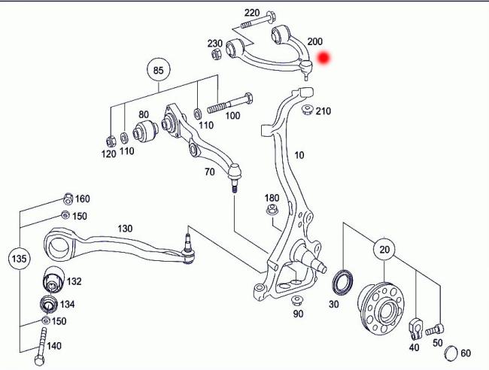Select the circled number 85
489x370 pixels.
tap(157, 71)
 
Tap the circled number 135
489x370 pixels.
tap(20, 260)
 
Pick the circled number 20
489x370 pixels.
tap(385, 250)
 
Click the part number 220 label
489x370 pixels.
tap(251, 14)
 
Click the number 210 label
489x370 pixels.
tap(323, 112)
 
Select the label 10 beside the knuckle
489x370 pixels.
tap(299, 156)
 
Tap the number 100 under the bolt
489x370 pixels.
tap(232, 116)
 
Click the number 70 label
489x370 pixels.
tap(210, 171)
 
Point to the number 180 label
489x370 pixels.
tap(272, 198)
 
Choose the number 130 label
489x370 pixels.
tap(125, 229)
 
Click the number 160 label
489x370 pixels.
tap(82, 199)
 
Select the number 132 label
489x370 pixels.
tap(74, 281)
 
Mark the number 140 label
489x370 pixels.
tap(54, 346)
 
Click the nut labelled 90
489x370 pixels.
tap(296, 301)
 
